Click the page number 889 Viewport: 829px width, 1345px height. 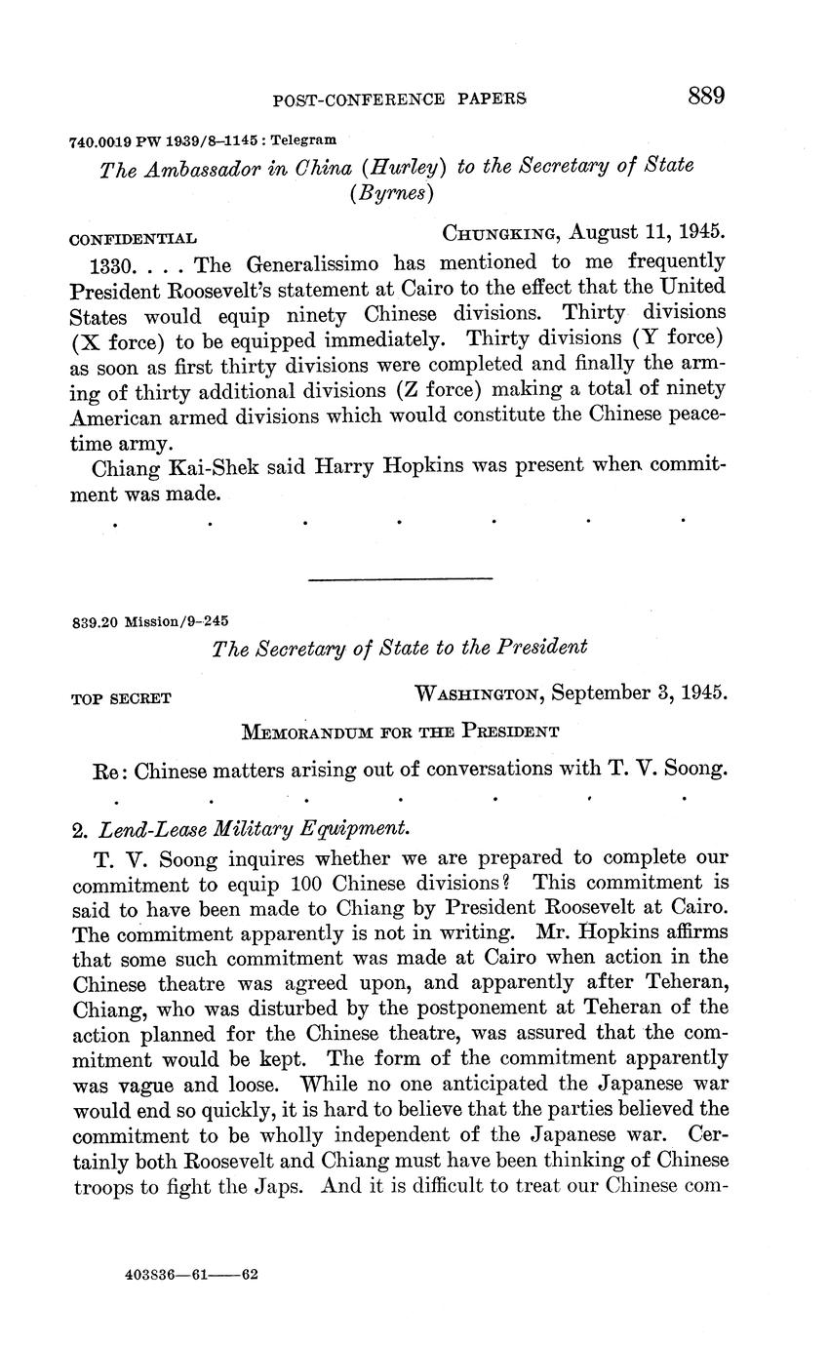pyautogui.click(x=706, y=96)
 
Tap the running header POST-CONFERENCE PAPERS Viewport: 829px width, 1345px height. pyautogui.click(x=400, y=99)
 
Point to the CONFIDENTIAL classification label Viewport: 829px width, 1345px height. pyautogui.click(x=134, y=238)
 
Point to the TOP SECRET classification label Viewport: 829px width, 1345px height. pyautogui.click(x=122, y=698)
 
